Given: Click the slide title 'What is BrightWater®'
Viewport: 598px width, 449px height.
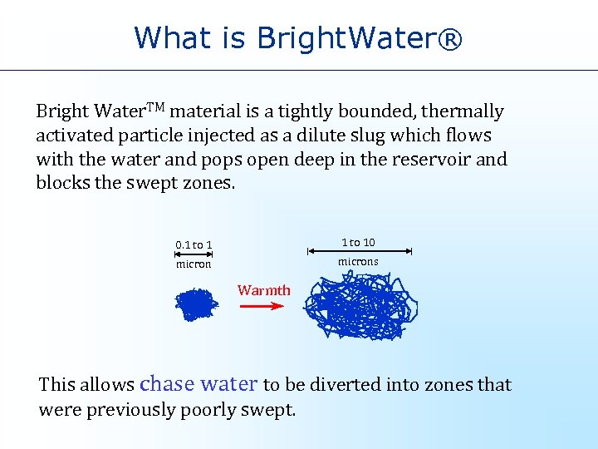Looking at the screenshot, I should (298, 37).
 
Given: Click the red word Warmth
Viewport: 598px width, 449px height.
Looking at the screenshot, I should (264, 290).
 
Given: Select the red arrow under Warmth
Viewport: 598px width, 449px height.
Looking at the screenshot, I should (262, 306).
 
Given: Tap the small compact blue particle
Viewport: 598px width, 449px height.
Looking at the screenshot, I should (195, 304).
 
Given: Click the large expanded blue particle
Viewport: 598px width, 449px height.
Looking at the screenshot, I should (360, 305).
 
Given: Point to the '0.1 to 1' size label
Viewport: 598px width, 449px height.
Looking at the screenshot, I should (194, 244).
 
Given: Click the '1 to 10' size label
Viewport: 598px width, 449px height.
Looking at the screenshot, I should (359, 242).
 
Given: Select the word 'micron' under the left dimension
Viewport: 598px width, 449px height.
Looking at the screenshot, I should (194, 264).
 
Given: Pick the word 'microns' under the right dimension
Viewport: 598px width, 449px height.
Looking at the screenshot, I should (358, 262).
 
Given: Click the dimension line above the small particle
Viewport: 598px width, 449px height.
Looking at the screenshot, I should (194, 254).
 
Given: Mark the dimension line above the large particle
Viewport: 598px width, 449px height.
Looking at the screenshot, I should (359, 251).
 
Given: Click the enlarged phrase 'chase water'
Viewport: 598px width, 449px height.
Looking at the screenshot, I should (199, 383).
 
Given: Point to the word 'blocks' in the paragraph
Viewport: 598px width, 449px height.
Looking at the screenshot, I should (63, 183).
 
